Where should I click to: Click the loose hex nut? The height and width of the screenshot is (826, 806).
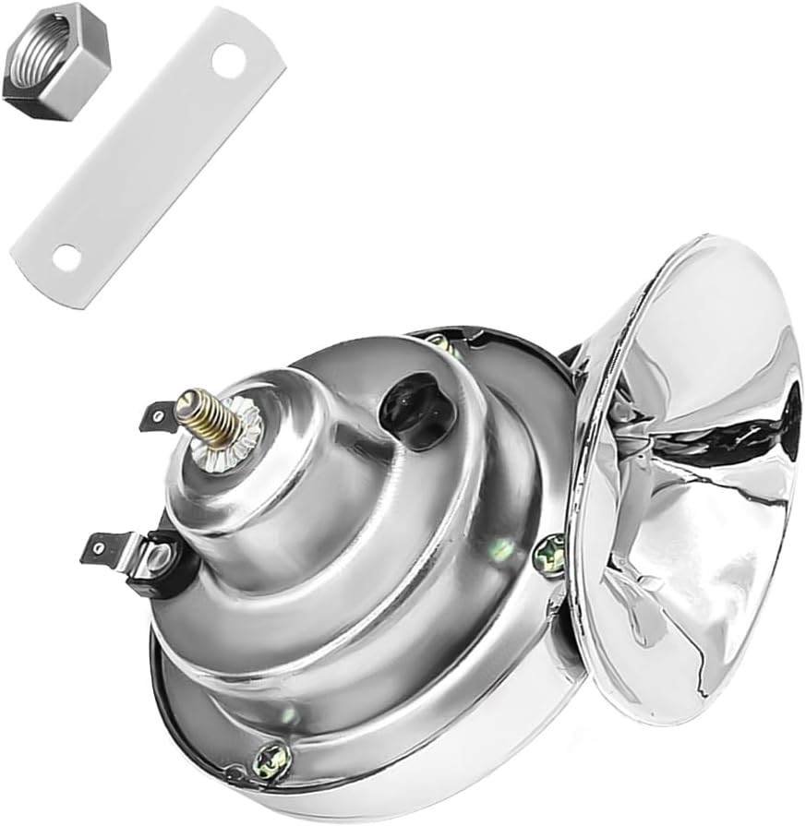55,61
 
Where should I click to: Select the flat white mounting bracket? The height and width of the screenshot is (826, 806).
148,157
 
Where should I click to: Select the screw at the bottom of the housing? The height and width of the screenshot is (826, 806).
273,760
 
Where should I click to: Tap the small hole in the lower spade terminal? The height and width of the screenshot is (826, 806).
96,551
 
